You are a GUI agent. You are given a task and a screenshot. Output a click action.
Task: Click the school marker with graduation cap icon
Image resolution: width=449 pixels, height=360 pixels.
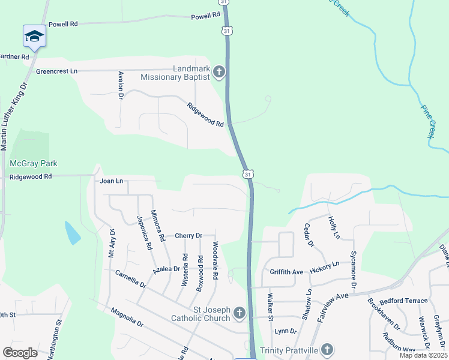coord(34,37)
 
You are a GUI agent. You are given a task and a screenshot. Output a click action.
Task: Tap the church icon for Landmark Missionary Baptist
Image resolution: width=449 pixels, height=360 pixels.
coord(218,73)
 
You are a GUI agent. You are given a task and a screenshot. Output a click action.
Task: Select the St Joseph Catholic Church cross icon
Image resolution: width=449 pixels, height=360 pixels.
coord(239,313)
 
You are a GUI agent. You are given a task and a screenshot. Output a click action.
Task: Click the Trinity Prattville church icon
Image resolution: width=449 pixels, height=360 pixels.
coord(327,349)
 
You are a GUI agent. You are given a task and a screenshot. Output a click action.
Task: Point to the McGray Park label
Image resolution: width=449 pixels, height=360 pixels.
coord(33,163)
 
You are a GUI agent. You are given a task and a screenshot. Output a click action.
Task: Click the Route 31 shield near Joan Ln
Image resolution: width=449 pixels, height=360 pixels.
coord(247,173)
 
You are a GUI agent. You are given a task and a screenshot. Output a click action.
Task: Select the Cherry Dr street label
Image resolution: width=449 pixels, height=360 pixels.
coord(188,236)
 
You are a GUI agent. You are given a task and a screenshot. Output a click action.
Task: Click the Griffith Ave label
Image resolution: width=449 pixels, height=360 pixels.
coord(286,272)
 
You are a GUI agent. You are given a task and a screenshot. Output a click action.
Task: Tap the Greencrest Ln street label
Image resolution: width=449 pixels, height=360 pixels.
coord(57,71)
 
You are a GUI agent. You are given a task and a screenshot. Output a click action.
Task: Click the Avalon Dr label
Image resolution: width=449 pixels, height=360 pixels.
coord(121,85)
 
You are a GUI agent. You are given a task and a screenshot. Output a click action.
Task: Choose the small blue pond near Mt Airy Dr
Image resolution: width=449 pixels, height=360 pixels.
coord(72,233)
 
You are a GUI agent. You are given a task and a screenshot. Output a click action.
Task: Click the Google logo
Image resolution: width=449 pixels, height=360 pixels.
coord(20,352)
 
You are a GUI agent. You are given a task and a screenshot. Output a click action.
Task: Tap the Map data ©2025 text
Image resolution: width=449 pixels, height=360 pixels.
coord(423,355)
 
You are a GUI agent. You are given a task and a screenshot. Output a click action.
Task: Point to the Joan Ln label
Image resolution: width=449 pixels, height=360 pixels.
coord(111,181)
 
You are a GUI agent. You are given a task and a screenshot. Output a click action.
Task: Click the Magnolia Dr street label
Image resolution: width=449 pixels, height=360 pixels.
coord(127,318)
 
